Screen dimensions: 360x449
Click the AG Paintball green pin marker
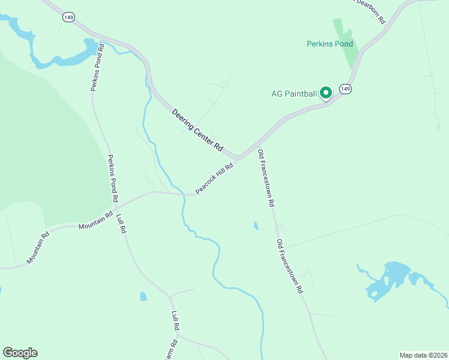(x=326, y=93)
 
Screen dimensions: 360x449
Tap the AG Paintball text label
(x=294, y=94)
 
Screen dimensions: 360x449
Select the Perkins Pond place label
(x=330, y=44)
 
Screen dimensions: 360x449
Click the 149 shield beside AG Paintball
(x=345, y=89)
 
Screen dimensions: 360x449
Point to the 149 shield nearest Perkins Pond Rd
(x=68, y=18)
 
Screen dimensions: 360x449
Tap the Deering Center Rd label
(x=197, y=130)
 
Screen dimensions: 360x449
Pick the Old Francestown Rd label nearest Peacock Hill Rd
(x=266, y=179)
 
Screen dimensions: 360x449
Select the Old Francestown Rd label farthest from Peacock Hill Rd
(x=290, y=266)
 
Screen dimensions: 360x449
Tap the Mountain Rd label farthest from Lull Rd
(x=37, y=247)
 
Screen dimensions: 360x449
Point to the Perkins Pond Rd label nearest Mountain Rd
(x=112, y=178)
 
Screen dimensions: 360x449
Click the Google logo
(x=20, y=353)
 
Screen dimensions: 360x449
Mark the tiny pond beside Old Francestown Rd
(x=256, y=226)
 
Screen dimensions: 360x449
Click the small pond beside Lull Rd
(x=143, y=296)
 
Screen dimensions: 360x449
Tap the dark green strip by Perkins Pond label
(x=346, y=45)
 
